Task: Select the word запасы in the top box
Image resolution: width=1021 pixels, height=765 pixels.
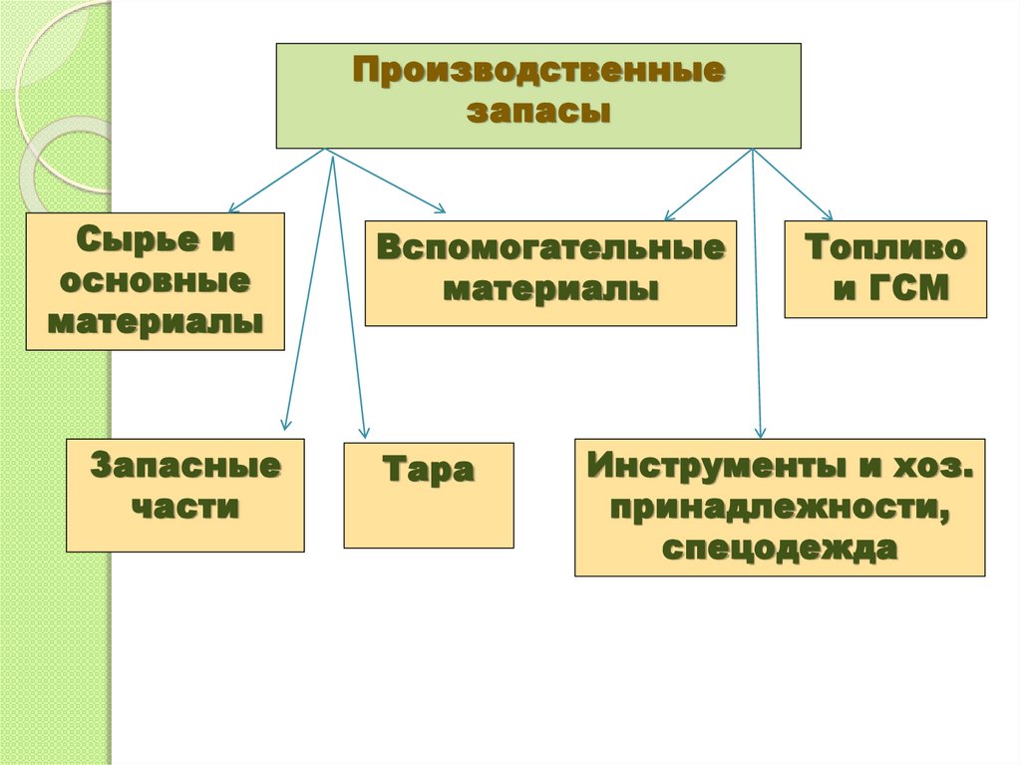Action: tap(538, 112)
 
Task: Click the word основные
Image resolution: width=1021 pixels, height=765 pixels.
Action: tap(155, 281)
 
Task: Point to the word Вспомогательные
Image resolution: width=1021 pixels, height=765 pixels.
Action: tap(550, 249)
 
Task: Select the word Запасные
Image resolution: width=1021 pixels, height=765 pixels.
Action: tap(185, 467)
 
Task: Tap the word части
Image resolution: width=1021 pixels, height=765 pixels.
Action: tap(185, 507)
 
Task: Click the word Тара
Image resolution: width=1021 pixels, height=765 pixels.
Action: tap(429, 470)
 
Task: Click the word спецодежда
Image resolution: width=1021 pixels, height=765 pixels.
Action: tap(779, 549)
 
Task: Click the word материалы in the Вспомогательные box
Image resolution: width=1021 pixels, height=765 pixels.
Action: tap(550, 290)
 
